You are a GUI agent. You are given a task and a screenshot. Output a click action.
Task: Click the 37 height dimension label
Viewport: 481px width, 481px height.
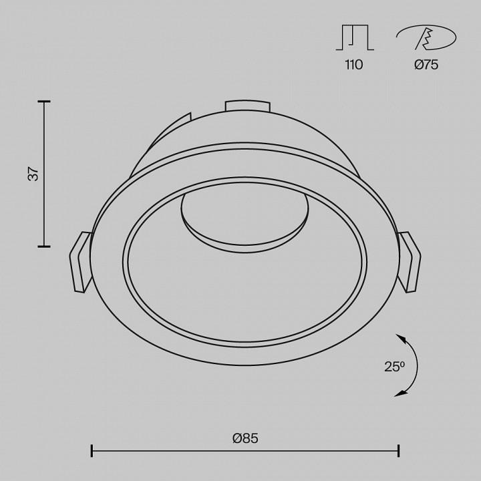point(33,174)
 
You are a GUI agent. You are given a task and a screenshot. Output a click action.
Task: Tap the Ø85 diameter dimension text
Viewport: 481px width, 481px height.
point(245,438)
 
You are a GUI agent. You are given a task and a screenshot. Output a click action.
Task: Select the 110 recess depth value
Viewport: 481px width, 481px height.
point(353,65)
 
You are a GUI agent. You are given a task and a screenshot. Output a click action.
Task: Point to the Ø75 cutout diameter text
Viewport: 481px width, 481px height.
point(426,65)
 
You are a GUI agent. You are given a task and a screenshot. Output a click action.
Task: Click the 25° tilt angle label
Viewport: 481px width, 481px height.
point(395,367)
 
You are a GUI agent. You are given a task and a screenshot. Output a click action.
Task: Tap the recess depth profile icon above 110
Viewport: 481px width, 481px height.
point(355,37)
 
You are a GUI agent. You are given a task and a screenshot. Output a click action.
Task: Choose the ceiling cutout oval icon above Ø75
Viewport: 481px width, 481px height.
point(426,37)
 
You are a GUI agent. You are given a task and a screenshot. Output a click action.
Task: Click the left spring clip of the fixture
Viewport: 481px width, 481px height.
point(80,263)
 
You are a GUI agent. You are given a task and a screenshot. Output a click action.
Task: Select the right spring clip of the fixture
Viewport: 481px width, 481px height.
point(410,263)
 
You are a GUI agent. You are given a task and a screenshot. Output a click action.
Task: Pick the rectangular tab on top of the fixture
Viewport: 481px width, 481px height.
point(248,106)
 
